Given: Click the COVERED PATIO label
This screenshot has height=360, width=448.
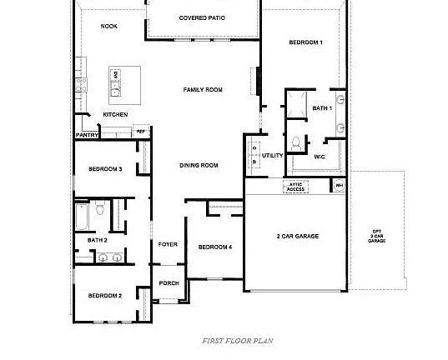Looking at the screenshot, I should (202, 17).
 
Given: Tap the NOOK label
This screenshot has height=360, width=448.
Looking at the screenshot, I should (108, 27).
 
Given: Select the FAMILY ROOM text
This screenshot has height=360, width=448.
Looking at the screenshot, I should (203, 89).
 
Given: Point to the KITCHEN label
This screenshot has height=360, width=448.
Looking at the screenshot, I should (115, 114).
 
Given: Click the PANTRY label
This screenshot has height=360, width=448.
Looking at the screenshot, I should (88, 134).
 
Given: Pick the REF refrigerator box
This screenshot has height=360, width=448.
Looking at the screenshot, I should (141, 132).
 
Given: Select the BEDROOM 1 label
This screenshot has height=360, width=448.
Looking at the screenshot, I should (305, 42).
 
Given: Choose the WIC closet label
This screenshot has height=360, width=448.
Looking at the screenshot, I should (320, 156).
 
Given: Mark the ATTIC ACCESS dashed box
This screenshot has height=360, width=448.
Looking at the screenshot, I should (296, 187).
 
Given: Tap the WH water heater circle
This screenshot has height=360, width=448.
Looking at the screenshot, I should (339, 185).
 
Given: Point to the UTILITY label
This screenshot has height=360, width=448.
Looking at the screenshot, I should (272, 155).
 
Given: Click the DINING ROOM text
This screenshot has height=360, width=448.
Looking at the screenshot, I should (199, 165).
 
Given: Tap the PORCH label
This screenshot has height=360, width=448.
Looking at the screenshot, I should (169, 283).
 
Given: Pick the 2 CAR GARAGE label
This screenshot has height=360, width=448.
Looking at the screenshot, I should (297, 236).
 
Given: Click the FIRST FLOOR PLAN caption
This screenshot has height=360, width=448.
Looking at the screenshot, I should (237, 340).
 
